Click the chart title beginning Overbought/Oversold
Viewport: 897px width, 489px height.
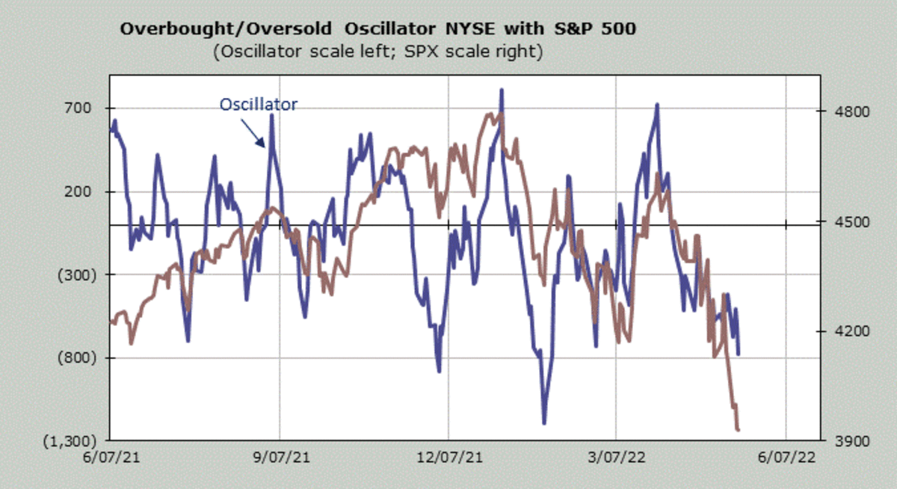(378, 29)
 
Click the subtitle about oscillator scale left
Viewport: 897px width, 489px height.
(377, 52)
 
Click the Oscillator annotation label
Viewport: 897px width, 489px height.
(258, 105)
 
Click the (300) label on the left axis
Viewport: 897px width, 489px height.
(77, 275)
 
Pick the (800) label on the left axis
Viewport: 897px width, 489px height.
(77, 358)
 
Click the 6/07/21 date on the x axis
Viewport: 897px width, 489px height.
(111, 456)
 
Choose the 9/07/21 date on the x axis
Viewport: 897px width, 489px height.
(280, 456)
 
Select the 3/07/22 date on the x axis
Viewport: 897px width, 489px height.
(616, 456)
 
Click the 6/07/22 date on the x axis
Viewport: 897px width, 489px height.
(785, 456)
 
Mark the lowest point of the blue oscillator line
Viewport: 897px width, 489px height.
(544, 423)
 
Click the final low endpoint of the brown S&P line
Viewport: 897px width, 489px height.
(739, 430)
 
